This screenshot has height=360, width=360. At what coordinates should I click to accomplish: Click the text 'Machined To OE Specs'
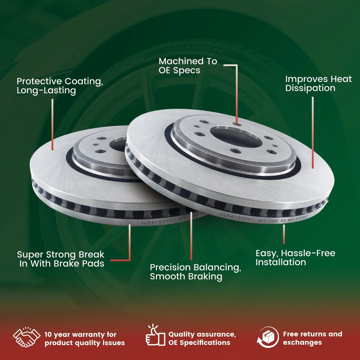pos(187,66)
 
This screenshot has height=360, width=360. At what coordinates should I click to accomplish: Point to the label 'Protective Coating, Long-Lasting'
pos(60,85)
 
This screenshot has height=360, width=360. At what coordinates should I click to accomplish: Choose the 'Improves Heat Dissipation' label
pos(318,83)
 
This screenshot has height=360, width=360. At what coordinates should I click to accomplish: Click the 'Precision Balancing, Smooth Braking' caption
pos(195,272)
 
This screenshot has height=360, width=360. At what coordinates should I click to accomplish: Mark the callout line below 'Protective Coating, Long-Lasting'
pos(52,124)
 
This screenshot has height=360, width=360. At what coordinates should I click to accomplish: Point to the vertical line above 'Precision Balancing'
pos(191,236)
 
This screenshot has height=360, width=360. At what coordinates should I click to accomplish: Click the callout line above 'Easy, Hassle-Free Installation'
pos(284,234)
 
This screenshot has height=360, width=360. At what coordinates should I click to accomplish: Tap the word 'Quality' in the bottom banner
pos(183,334)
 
